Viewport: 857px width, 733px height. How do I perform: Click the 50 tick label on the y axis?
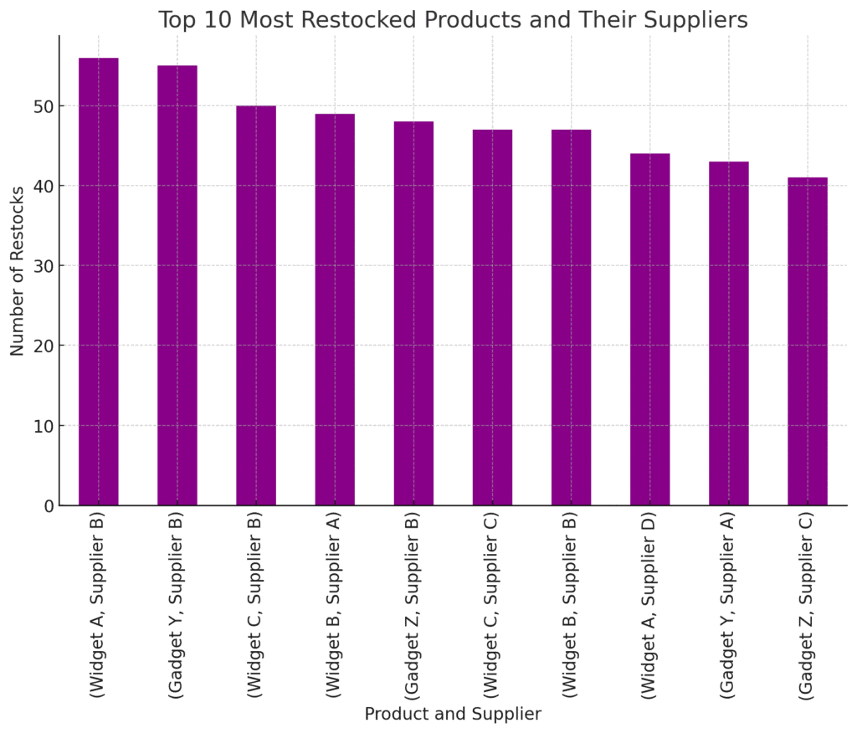43,106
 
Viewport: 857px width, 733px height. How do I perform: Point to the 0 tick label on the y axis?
48,505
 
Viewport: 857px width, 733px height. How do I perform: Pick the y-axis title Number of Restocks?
18,271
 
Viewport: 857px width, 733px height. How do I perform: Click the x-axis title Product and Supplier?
453,714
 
